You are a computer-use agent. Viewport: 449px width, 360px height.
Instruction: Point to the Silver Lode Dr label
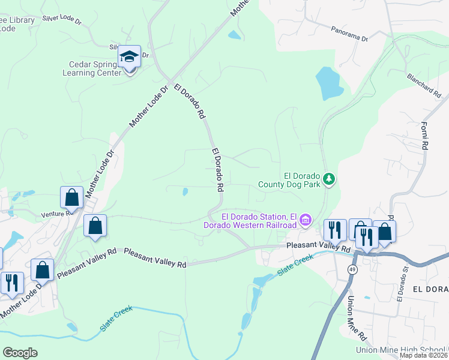(x=61, y=19)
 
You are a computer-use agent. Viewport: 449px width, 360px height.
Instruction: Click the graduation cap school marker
(x=128, y=58)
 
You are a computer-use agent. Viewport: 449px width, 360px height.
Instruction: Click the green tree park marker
(x=328, y=178)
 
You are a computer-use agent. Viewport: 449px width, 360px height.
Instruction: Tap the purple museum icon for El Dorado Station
(x=305, y=220)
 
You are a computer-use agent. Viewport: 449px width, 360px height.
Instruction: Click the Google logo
(x=20, y=352)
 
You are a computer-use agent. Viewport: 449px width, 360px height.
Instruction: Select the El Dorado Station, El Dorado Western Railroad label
(x=259, y=220)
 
